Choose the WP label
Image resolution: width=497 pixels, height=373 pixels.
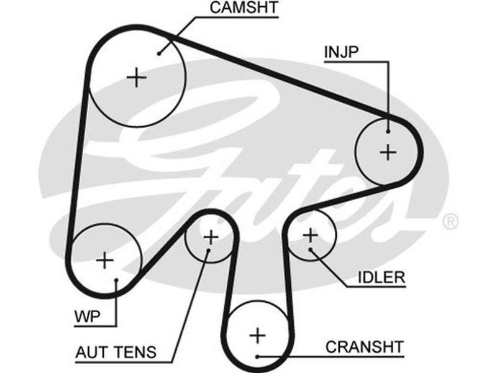(86, 316)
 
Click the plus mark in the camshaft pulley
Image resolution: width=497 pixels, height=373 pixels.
(136, 78)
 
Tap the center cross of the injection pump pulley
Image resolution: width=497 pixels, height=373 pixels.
(388, 152)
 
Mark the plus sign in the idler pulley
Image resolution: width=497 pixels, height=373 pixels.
(310, 235)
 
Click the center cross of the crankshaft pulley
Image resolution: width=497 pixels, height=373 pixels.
(257, 336)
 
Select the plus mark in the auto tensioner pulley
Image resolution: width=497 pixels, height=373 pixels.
(211, 237)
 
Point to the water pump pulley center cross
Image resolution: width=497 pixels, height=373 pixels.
(105, 260)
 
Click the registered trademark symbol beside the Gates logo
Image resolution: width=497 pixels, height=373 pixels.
(449, 221)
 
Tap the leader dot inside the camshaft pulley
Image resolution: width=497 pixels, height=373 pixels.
(160, 53)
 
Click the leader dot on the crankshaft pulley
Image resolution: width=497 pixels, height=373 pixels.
(257, 357)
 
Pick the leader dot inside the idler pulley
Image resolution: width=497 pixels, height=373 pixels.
(310, 251)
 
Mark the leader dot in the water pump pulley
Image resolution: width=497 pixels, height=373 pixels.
(116, 281)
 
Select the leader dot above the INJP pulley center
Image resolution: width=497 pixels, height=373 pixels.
(388, 131)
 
